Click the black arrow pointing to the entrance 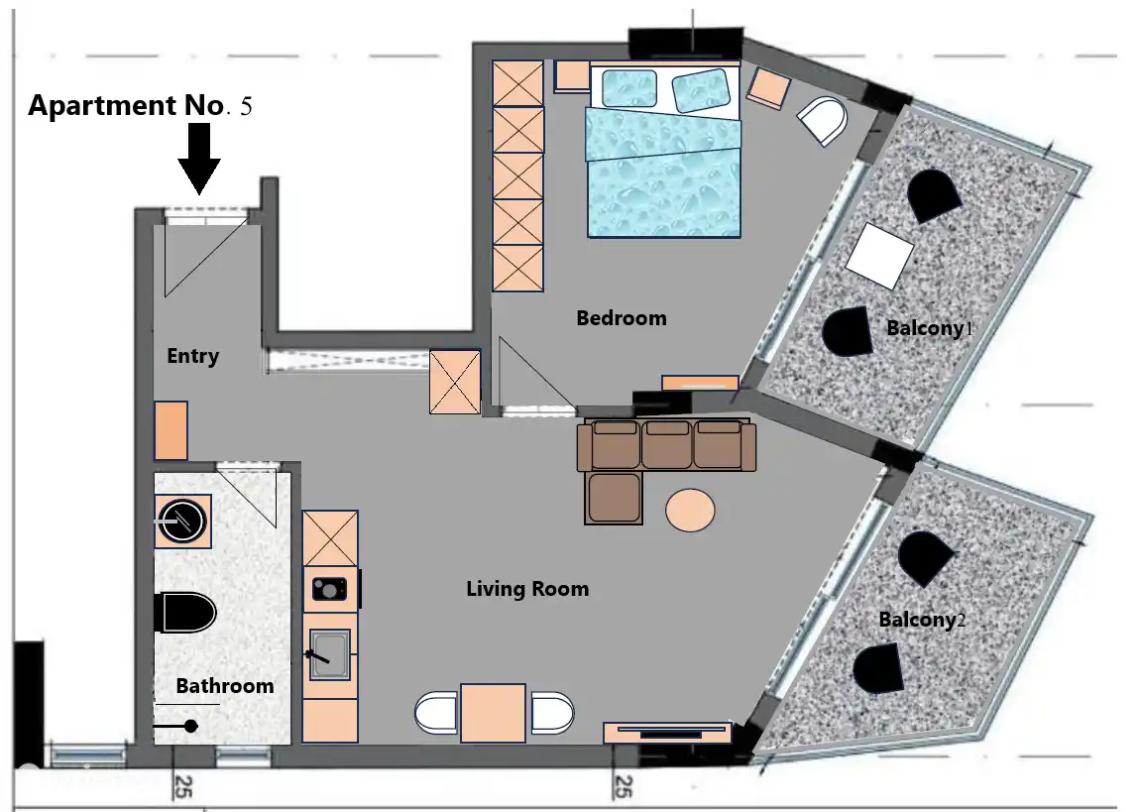tap(199, 159)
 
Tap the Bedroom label tap(622, 318)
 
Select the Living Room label tap(527, 589)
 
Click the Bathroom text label tap(225, 686)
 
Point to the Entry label tap(193, 356)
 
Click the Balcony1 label tap(930, 328)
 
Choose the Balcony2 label tap(923, 620)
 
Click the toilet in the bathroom tap(186, 613)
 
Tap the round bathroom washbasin tap(183, 522)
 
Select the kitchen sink tap(330, 654)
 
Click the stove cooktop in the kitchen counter tap(329, 589)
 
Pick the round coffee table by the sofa tap(690, 511)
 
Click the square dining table tap(494, 713)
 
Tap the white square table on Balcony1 tap(879, 256)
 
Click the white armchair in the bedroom tap(823, 120)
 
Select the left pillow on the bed tap(629, 89)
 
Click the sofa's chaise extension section tap(614, 498)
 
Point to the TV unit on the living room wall tap(668, 733)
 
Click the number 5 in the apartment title tap(246, 107)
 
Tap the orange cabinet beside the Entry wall tap(171, 430)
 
